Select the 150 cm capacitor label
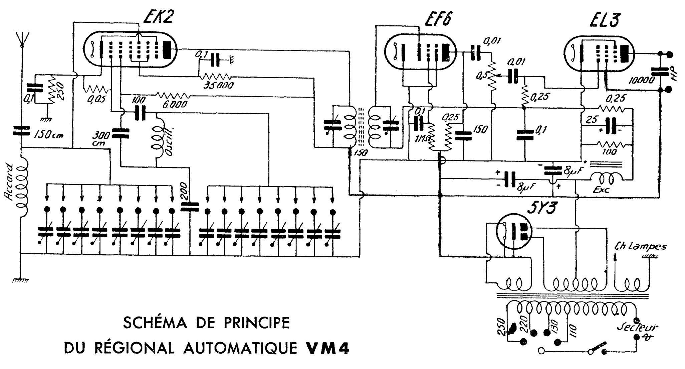(x=48, y=135)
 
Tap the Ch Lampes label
(x=640, y=247)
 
